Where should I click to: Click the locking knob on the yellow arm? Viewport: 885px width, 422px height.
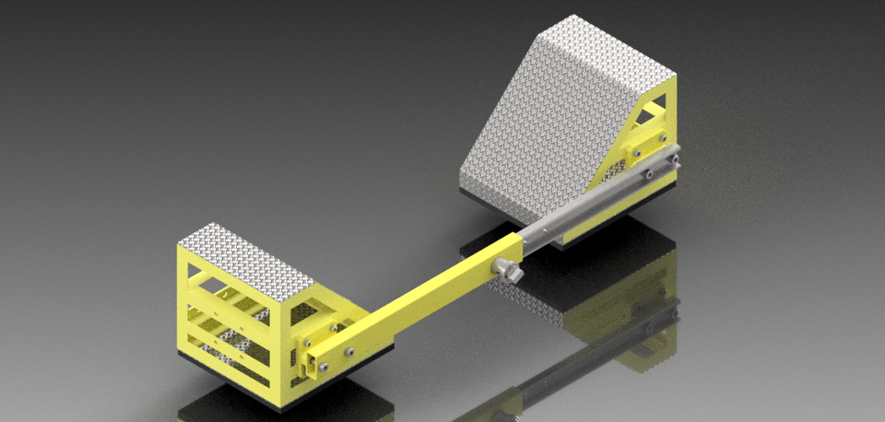click(506, 271)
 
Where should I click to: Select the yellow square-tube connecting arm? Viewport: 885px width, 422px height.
click(424, 294)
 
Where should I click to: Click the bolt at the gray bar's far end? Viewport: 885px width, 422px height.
click(676, 158)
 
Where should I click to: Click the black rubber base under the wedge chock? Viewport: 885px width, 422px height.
click(516, 215)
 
